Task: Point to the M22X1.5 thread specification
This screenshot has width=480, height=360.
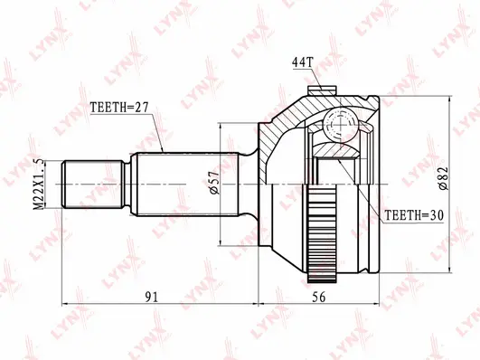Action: [x=36, y=185]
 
